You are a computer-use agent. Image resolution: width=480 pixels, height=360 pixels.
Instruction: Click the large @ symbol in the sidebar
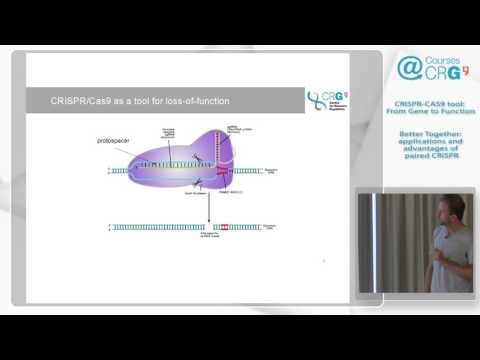410,69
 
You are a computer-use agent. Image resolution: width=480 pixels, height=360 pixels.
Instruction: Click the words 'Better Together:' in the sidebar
427,133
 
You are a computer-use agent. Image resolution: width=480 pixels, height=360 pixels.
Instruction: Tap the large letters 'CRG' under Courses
441,74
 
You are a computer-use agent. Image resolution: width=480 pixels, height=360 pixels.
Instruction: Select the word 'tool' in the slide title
131,101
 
